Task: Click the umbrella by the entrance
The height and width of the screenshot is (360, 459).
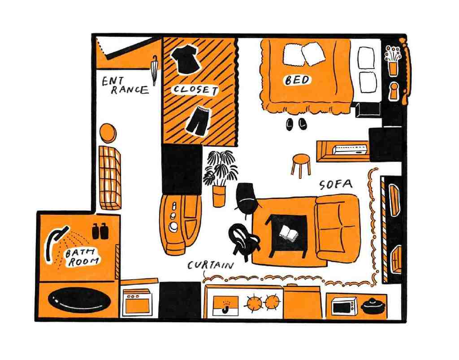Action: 155,70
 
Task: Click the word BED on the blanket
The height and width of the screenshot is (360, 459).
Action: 297,80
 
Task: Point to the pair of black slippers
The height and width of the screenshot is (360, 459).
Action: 295,124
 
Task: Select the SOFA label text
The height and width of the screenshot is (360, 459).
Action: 336,184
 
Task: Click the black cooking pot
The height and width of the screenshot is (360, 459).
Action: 372,307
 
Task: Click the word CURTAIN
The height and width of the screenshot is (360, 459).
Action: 211,265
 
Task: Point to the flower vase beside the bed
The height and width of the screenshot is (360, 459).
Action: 393,61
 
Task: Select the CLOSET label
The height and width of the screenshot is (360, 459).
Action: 195,90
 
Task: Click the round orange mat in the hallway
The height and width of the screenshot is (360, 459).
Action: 108,133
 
